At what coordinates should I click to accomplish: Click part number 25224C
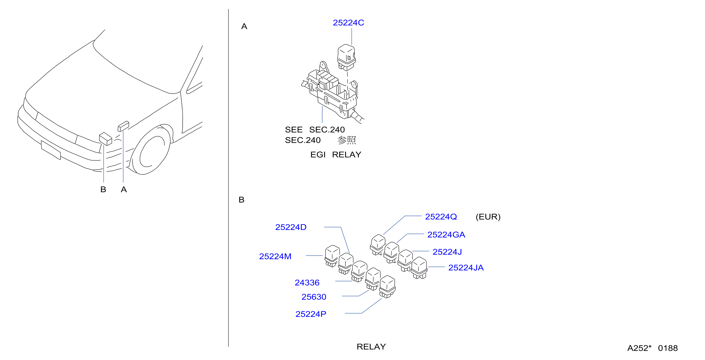[348, 23]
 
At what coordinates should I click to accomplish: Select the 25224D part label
[291, 227]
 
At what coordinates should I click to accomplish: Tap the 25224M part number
[275, 256]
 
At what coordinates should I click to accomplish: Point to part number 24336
[307, 283]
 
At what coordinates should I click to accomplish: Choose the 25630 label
[314, 297]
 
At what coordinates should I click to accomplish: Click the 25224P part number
[311, 314]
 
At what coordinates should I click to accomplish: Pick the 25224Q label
[441, 217]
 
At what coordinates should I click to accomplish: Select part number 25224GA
[446, 235]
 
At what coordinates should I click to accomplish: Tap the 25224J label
[447, 252]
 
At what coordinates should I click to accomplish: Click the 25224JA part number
[466, 268]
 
